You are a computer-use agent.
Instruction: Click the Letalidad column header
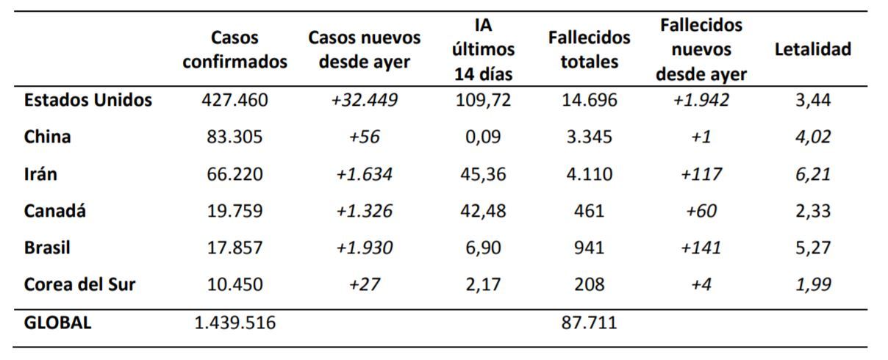[812, 49]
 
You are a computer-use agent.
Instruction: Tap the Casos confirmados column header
[234, 49]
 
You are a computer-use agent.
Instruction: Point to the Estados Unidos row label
[88, 100]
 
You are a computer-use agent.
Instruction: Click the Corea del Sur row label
[79, 284]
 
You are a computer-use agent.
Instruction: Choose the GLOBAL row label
[58, 322]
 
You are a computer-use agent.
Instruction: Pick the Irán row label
[40, 174]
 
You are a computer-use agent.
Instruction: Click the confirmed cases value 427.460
[234, 100]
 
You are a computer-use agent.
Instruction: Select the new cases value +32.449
[364, 100]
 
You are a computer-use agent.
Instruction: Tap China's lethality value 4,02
[812, 137]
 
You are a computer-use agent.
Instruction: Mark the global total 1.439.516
[234, 322]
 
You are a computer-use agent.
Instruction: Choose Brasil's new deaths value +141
[701, 248]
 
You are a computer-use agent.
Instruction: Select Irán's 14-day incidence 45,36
[482, 174]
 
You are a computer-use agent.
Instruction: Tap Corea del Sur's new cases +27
[364, 284]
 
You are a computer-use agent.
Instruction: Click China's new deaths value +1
[701, 137]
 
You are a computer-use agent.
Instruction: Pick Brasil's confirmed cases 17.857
[234, 248]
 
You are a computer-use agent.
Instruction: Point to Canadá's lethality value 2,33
[812, 211]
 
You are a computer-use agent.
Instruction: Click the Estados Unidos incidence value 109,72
[482, 100]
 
